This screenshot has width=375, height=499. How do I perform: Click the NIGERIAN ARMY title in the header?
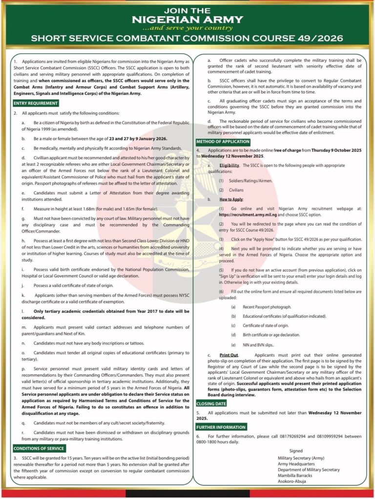point(187,19)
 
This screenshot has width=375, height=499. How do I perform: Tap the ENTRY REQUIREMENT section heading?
point(36,103)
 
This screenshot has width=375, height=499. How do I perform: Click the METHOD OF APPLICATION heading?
point(223,141)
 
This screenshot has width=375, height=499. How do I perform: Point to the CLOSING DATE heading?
point(211,403)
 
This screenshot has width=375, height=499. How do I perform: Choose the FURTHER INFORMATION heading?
point(220,427)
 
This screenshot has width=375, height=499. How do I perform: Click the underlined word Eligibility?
point(229,166)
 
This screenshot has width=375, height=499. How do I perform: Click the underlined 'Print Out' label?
point(229,355)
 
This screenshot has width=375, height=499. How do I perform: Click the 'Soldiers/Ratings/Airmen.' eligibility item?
point(252,181)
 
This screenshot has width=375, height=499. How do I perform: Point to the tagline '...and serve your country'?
point(187,28)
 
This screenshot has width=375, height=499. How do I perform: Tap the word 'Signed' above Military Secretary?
point(296,451)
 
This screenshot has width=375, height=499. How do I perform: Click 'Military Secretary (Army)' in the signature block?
point(301,458)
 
